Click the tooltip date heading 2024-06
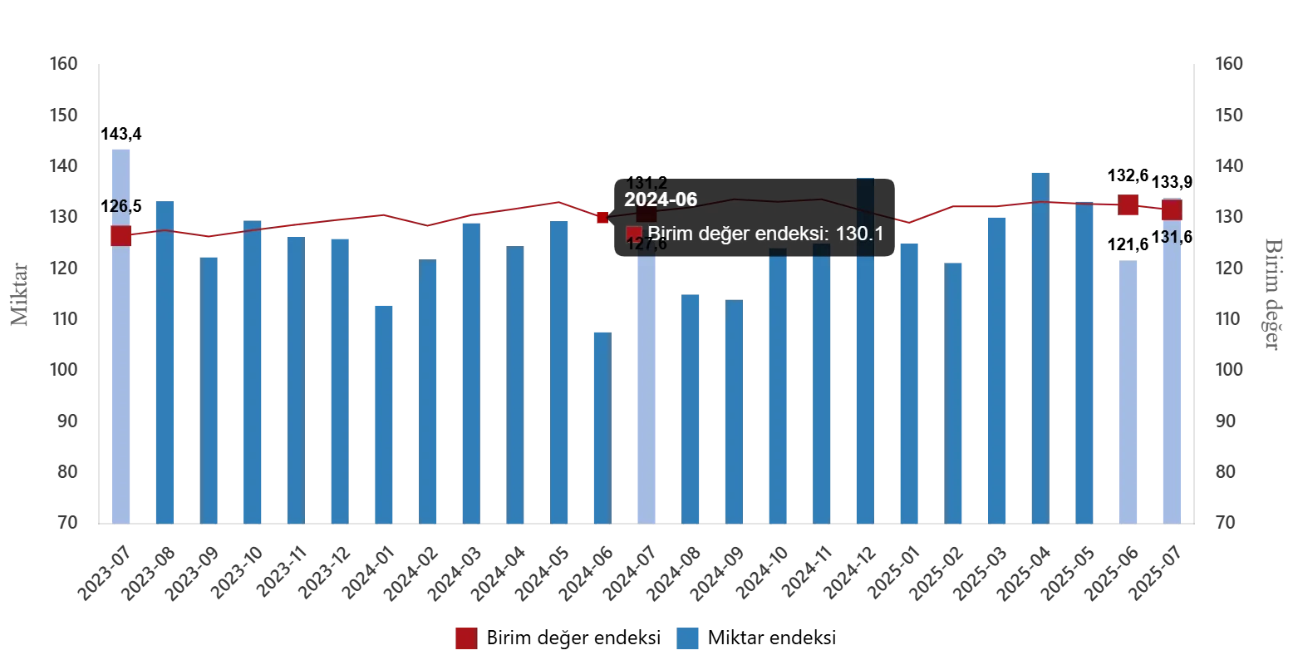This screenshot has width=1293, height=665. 661,200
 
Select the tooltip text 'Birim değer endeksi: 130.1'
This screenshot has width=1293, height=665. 765,234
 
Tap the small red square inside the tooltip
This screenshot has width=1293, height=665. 634,234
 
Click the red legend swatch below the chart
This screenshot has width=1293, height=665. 466,638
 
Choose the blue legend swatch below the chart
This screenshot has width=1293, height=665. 688,638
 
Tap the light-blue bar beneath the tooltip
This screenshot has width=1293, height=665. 645,391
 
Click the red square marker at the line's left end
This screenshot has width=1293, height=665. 120,235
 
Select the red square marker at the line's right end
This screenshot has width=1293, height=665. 1172,209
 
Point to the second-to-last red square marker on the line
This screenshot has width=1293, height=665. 1128,205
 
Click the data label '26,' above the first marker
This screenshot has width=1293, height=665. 120,206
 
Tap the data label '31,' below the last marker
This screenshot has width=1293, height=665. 1170,238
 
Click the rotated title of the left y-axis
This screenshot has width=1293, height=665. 20,295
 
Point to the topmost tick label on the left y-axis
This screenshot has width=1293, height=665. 62,63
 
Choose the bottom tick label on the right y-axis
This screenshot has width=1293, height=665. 1227,522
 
